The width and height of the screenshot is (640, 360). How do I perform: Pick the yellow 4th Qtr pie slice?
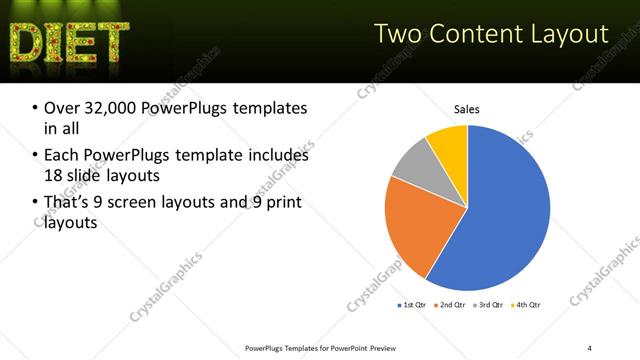tap(449, 145)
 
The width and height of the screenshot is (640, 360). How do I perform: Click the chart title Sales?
tap(467, 108)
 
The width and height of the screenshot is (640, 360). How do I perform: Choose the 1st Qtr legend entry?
tap(414, 304)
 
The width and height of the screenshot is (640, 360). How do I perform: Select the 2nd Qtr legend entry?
tap(455, 304)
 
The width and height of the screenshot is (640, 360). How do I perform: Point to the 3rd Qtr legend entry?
tap(491, 304)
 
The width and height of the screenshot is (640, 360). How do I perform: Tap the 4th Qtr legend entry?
tap(528, 304)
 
